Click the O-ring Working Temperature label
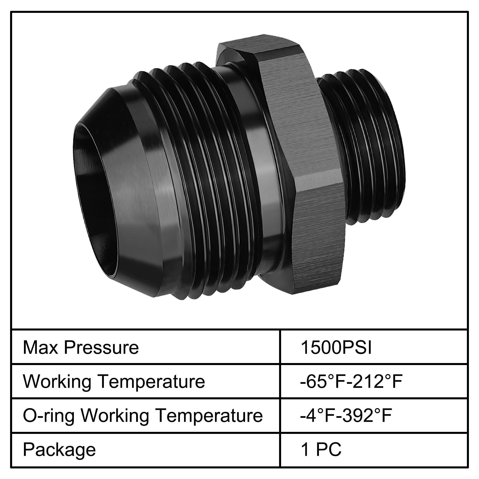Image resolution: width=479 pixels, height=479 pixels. [x=143, y=415]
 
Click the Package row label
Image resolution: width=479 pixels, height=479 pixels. [x=59, y=450]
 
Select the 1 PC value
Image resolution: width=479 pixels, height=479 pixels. [x=321, y=449]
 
